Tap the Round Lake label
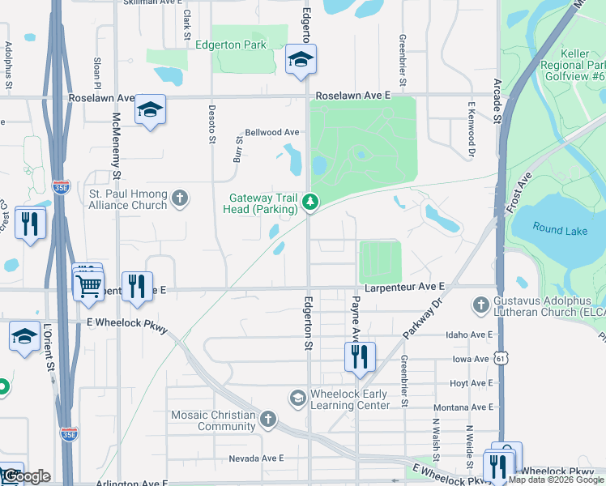tap(560, 230)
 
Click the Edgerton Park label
tap(231, 45)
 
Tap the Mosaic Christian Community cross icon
tap(267, 419)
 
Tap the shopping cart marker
tap(88, 284)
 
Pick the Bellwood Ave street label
tap(273, 132)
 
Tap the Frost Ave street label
tap(519, 191)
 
